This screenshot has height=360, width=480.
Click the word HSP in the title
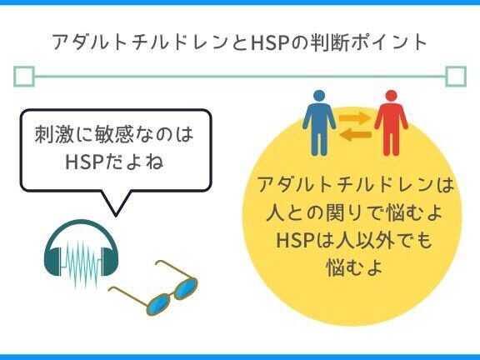coord(270,42)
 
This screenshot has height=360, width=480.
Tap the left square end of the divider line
coord(24,76)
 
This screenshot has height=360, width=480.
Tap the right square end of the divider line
coord(456,76)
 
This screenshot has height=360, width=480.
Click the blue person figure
coord(319,122)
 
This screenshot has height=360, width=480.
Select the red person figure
coord(391,122)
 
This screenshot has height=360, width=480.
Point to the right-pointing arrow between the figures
coord(355,117)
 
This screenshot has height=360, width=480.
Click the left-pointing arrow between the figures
coord(355,135)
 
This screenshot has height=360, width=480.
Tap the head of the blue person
coord(319,96)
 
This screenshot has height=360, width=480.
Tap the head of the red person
coord(391,96)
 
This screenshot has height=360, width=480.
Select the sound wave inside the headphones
coord(82,265)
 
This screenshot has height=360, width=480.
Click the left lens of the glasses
coord(159,304)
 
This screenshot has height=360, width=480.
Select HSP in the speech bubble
coord(83,162)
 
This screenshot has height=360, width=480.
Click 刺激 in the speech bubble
coord(54,134)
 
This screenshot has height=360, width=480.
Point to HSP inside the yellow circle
coord(294,240)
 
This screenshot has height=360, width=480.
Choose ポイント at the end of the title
coord(389,42)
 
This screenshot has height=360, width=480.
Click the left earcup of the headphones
coord(52,261)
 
